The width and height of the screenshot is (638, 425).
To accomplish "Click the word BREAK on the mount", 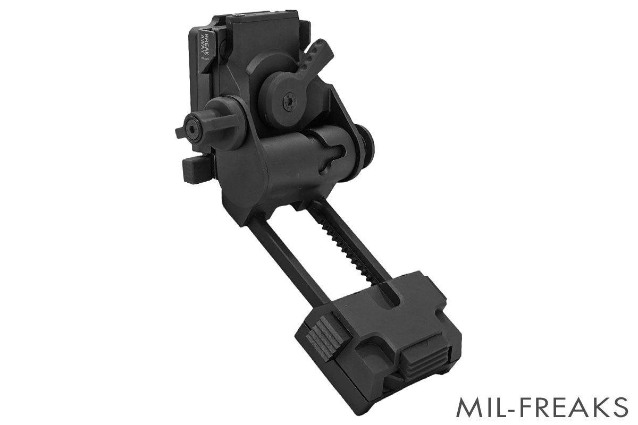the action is coord(206,45).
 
